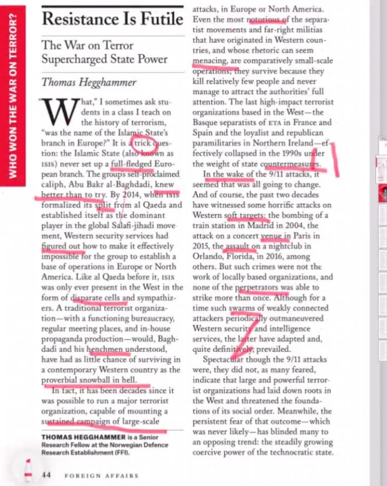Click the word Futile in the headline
162,19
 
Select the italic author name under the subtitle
89,82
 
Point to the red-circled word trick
142,143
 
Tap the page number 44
46,475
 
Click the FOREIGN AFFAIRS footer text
102,476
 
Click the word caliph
53,185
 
